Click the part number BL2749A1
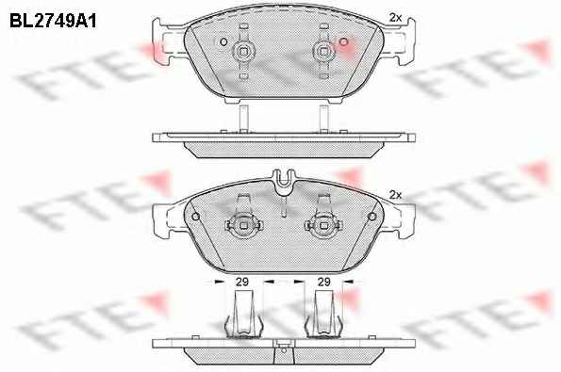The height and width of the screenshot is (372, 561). coord(53,22)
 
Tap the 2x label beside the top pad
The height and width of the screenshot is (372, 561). coord(395,18)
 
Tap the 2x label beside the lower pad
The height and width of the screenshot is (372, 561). coord(395,195)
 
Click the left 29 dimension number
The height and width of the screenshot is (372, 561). coord(242,282)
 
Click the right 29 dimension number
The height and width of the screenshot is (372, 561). coord(323,282)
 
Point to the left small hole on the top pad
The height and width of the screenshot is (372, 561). coord(223,41)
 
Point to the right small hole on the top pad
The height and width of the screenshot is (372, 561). coord(343,41)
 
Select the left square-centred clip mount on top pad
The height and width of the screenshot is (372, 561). coord(243,52)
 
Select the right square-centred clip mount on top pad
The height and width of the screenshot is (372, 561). coord(323,52)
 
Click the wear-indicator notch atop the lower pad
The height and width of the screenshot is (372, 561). coord(283,183)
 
